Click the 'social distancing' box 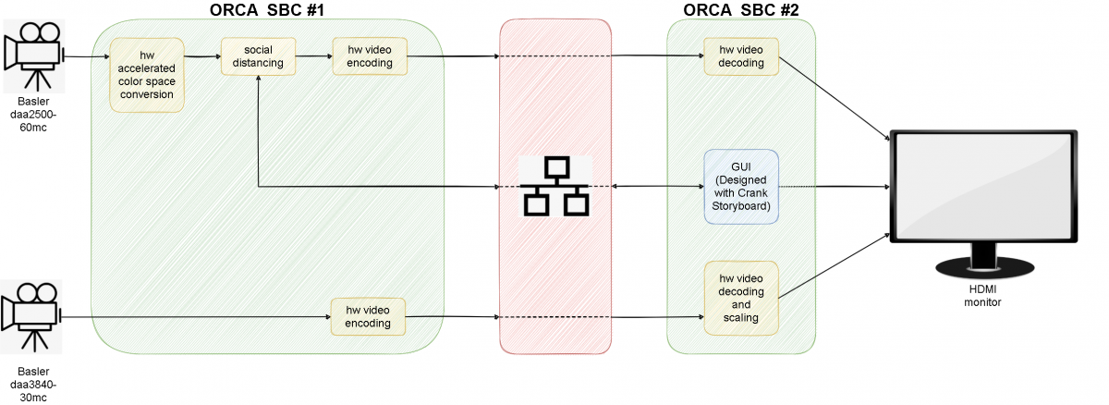coord(258,55)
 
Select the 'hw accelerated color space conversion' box coord(147,75)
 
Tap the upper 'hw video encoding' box coord(370,55)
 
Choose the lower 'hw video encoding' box coord(368,316)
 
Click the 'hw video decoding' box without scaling coord(741,55)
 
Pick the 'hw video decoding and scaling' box coord(741,298)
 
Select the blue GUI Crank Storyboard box coord(741,185)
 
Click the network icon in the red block coord(554,186)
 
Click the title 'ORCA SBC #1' coord(266,10)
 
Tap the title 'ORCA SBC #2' coord(741,10)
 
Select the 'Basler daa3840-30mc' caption coord(32,384)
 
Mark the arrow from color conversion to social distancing coord(202,56)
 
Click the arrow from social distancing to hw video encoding coord(314,56)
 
